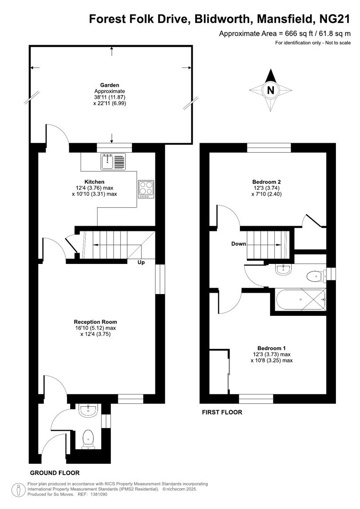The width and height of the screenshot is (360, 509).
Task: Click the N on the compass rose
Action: coord(270,90)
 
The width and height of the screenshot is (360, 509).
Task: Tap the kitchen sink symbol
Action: coord(113,162)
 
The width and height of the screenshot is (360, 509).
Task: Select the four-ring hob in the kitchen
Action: coord(146,189)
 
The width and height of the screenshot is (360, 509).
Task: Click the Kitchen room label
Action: coord(94,181)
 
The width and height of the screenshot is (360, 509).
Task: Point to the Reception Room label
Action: coord(94,322)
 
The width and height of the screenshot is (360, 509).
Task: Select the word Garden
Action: coord(109,85)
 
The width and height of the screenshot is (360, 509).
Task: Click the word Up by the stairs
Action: coord(141,263)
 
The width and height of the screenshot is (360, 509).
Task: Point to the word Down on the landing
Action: coord(238,244)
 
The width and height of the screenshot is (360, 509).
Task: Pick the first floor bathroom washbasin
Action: coord(285,269)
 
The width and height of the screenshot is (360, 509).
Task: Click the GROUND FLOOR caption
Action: coord(55,473)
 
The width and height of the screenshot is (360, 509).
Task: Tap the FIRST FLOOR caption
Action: coord(222,412)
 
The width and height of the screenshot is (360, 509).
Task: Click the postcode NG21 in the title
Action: coord(335,19)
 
